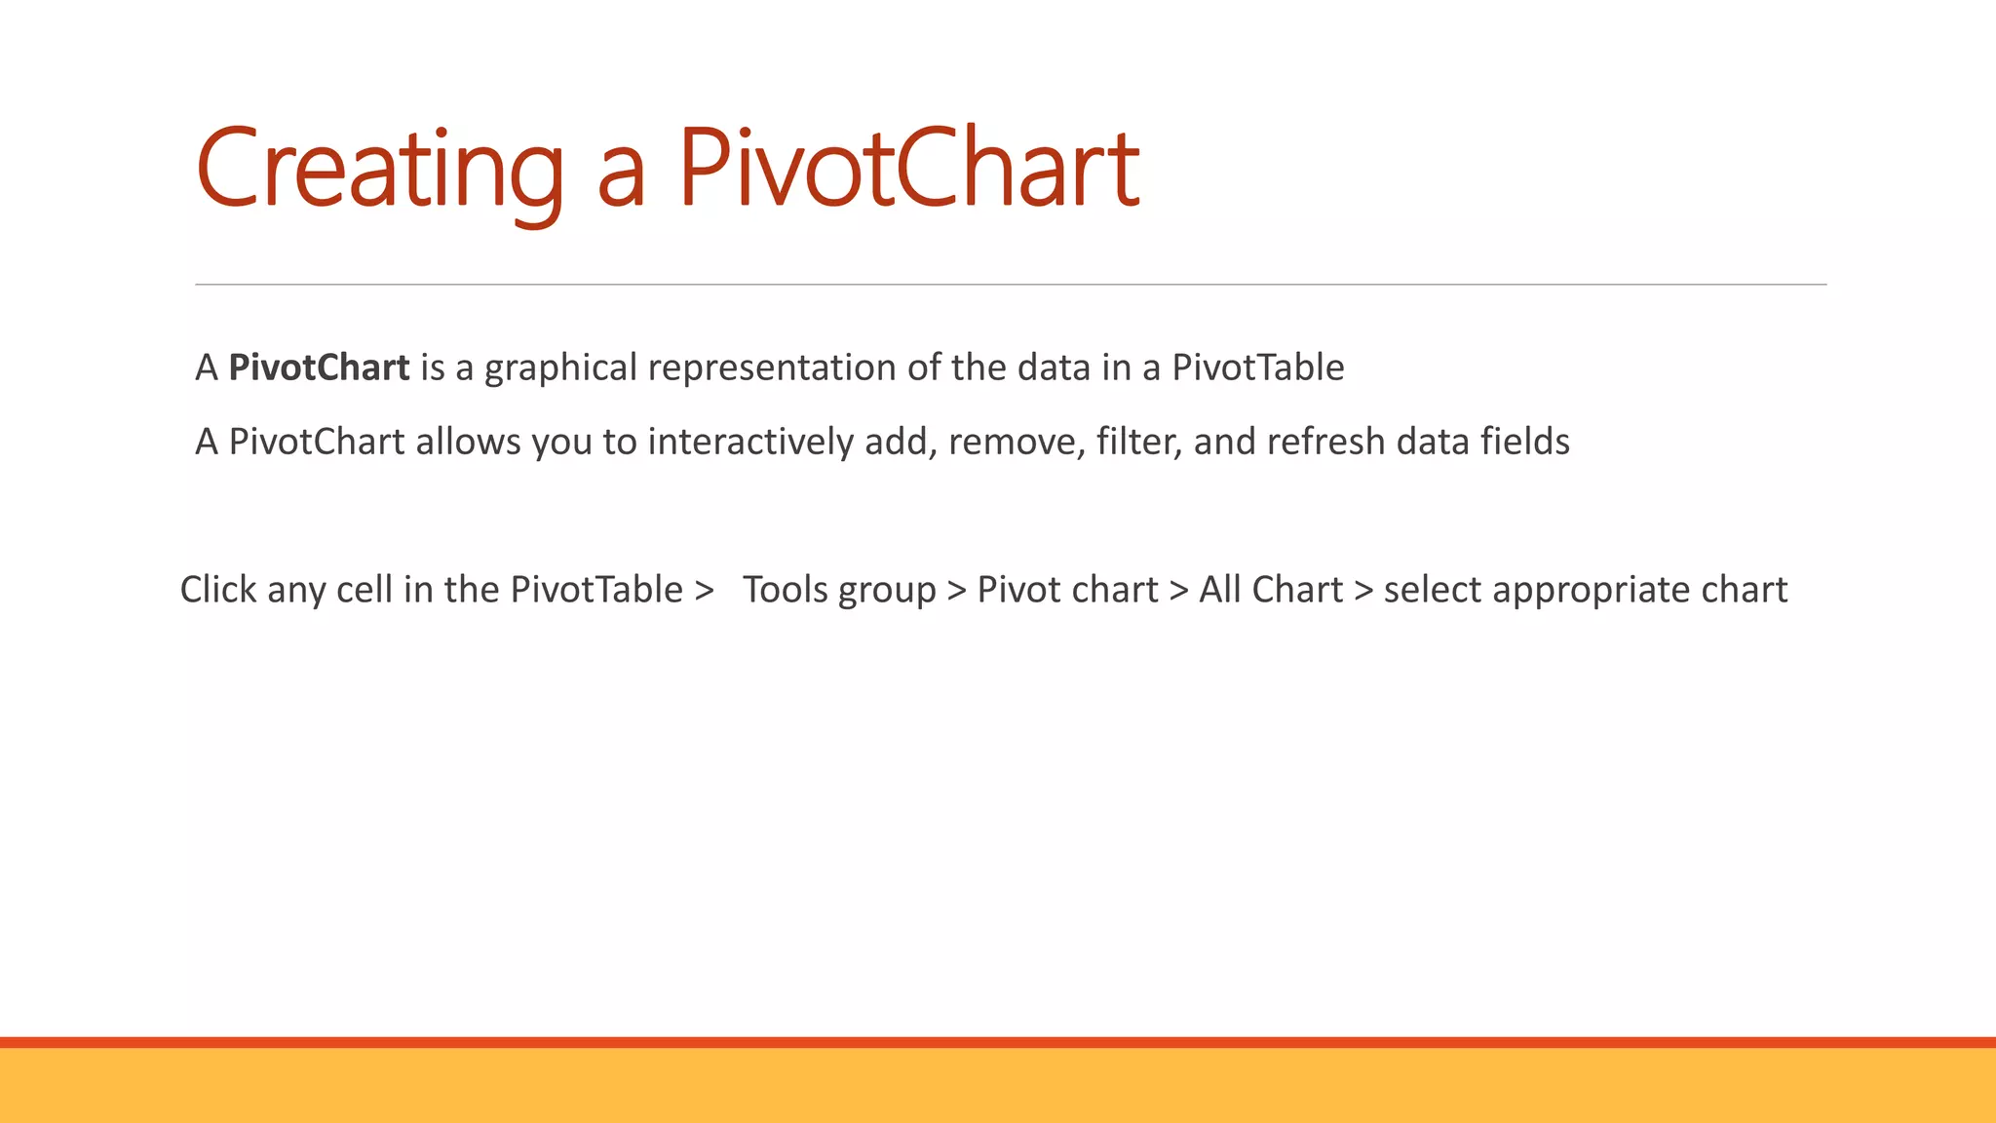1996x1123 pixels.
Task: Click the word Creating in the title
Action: pos(379,170)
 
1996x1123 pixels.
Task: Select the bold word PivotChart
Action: pos(319,368)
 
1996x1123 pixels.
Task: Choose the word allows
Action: pos(468,442)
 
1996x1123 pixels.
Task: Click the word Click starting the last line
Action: pos(218,590)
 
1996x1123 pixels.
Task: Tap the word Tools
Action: pos(785,590)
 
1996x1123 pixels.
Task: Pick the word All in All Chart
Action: pos(1219,590)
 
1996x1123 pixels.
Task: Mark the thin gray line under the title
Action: pos(1011,285)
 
